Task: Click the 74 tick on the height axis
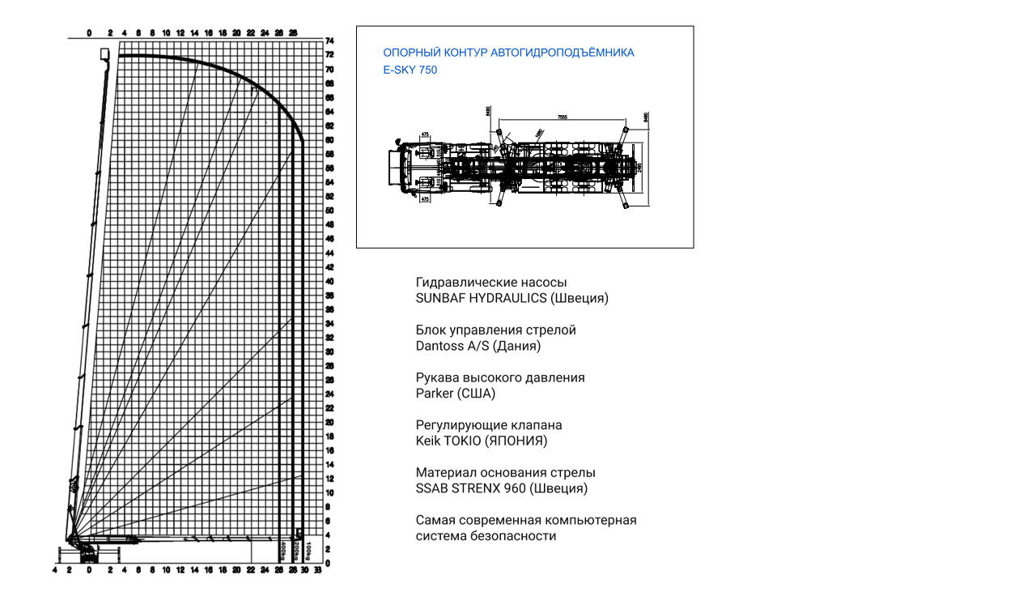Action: coord(329,40)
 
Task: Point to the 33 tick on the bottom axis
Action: coord(318,571)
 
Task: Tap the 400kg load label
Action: coord(282,551)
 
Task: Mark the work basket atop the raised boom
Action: coord(104,53)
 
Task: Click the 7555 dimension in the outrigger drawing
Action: coord(562,117)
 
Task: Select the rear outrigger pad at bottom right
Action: coord(626,208)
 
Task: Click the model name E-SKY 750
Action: coord(410,70)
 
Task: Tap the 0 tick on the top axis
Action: coord(89,33)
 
